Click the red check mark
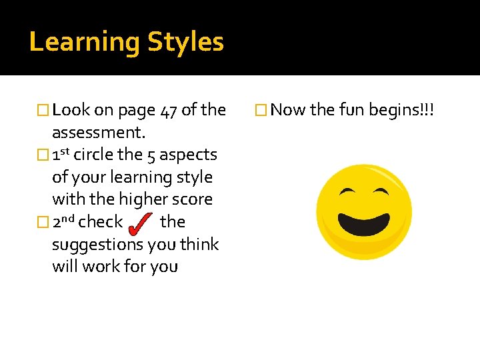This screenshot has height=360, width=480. point(141,223)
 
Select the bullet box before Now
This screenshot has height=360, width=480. point(261,111)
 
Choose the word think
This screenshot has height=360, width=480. point(198,245)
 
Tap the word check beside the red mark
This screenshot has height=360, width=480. point(101,222)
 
